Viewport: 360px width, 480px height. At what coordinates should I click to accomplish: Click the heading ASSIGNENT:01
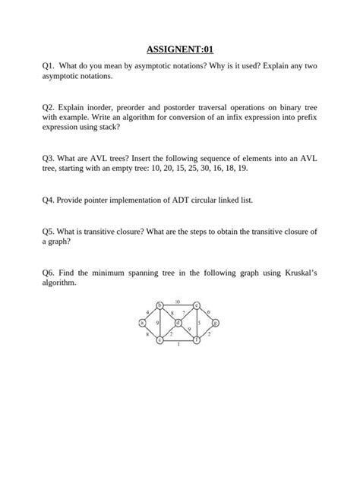179,48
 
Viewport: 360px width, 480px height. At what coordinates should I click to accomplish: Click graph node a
142,322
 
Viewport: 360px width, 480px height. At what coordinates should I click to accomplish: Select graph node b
159,305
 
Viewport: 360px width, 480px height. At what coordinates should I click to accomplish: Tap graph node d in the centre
178,323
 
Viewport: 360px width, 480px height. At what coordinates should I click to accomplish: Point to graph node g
215,323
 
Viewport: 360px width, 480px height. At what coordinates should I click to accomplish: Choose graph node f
197,339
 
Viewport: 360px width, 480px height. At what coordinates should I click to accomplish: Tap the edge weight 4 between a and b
147,311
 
